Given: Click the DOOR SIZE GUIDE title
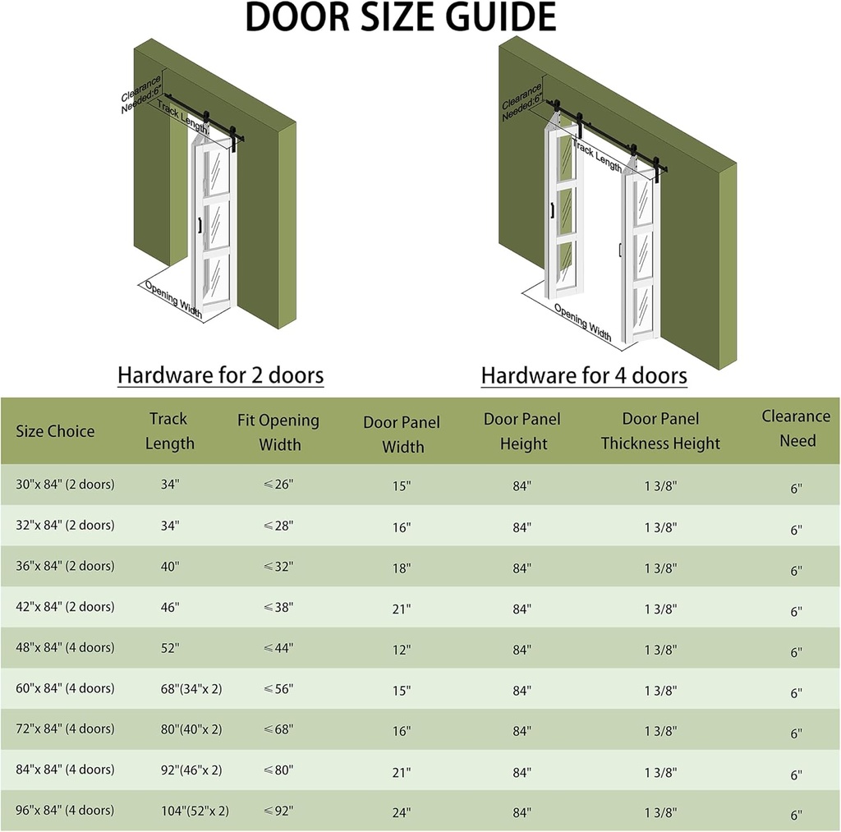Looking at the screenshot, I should [x=400, y=18].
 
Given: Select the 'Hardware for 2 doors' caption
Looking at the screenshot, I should [x=220, y=375].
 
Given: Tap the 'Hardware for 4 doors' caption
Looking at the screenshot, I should [x=583, y=375].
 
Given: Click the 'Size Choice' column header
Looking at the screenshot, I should [x=55, y=431].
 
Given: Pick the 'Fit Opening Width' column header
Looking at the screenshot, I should [x=278, y=432].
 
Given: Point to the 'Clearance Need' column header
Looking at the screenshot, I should [x=796, y=428].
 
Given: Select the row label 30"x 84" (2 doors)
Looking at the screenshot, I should [x=65, y=485].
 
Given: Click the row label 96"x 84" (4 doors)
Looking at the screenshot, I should [x=65, y=811].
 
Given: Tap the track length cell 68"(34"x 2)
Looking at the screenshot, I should [x=191, y=688].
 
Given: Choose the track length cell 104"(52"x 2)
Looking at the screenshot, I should [x=195, y=811].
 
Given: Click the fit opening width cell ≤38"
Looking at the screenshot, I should [x=278, y=607].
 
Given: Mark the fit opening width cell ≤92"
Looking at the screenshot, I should [x=278, y=811].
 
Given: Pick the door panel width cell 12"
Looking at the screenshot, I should [x=401, y=650].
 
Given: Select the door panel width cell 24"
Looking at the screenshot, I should [x=401, y=813].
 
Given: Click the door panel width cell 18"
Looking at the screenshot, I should [x=401, y=568].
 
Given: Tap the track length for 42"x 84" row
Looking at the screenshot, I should [x=170, y=607].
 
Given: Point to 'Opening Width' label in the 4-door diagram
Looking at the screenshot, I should [x=582, y=322].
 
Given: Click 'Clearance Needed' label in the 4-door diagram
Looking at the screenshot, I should [x=522, y=101].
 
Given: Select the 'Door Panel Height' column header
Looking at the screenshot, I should [x=522, y=431].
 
